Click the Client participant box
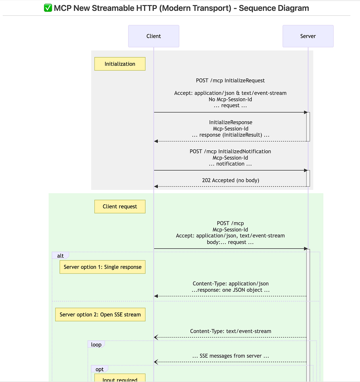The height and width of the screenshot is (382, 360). coord(154,36)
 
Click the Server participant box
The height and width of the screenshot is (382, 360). coord(308,36)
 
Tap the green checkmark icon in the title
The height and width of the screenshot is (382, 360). coord(48,8)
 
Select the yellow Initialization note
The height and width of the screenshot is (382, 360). coord(120,64)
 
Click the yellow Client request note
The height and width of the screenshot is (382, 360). coord(120,206)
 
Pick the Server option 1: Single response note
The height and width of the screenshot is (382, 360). coord(102,267)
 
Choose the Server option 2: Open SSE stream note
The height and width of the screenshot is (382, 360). coord(100,315)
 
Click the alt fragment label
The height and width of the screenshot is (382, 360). coord(60,256)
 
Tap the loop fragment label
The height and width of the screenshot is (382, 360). coord(96,345)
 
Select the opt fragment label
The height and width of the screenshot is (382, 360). coord(99,369)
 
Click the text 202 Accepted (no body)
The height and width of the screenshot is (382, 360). coord(230,180)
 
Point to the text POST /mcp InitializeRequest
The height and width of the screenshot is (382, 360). coord(230,81)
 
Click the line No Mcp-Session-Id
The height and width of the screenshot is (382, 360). coord(230,99)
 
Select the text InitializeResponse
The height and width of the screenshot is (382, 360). coord(230,122)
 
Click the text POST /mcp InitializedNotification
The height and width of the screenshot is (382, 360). coord(230,151)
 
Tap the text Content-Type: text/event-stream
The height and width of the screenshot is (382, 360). coord(230,331)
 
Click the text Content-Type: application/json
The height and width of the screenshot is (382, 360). coord(230,283)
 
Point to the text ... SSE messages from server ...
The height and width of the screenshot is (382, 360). coord(230,356)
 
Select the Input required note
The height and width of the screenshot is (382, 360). coord(120,379)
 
